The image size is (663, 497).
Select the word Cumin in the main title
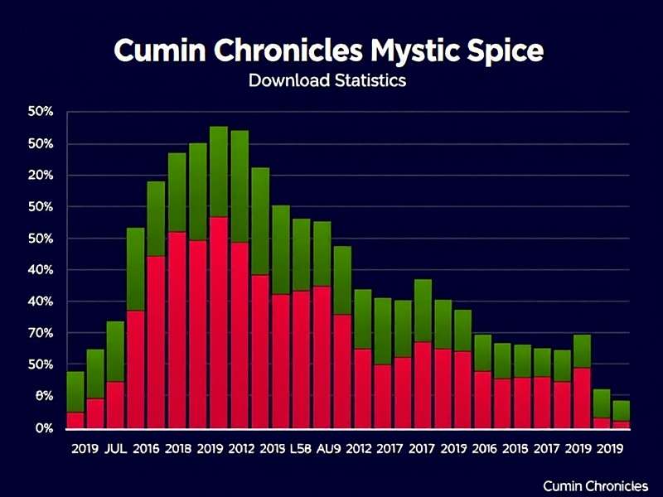point(157,51)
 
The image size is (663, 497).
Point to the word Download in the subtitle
point(286,81)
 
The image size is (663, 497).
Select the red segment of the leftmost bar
point(75,420)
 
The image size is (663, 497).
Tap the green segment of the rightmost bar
point(621,411)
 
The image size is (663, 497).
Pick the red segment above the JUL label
point(116,405)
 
